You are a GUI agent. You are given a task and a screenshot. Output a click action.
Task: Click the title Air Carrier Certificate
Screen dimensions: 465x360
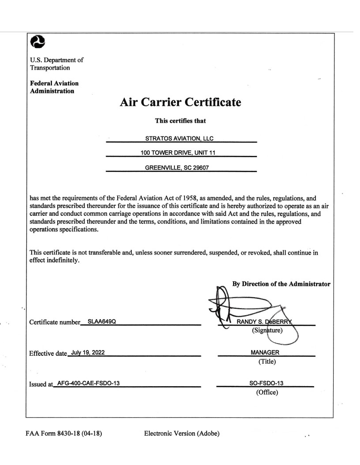(x=181, y=103)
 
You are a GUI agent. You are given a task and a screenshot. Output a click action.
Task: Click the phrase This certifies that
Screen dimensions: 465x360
(x=181, y=121)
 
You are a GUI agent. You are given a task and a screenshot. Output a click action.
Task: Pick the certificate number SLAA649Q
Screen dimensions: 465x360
(x=102, y=321)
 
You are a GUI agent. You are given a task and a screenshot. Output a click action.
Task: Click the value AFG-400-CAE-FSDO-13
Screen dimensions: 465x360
(x=88, y=382)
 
